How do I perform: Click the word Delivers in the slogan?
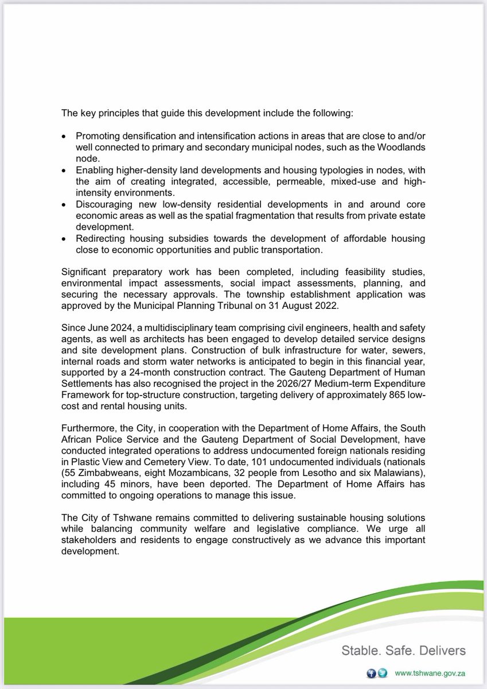coord(443,651)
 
